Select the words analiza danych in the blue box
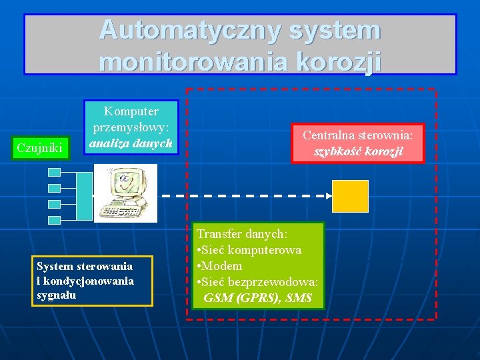(x=131, y=142)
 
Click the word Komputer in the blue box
(x=131, y=110)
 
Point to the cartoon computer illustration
(x=125, y=193)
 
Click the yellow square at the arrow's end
(x=351, y=196)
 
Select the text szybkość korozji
(x=358, y=151)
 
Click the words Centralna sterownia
(x=358, y=135)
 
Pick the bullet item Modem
(x=223, y=266)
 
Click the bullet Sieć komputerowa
(x=253, y=250)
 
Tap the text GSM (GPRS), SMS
(x=257, y=297)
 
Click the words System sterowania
(x=85, y=267)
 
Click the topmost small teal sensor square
(x=55, y=172)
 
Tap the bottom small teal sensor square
(x=55, y=219)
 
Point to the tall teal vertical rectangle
(x=85, y=196)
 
